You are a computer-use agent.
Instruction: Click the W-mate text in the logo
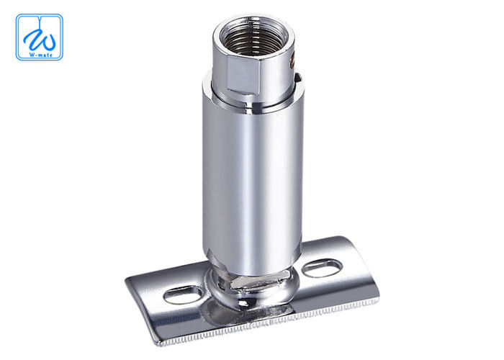[39, 53]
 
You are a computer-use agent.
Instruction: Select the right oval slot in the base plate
[322, 268]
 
